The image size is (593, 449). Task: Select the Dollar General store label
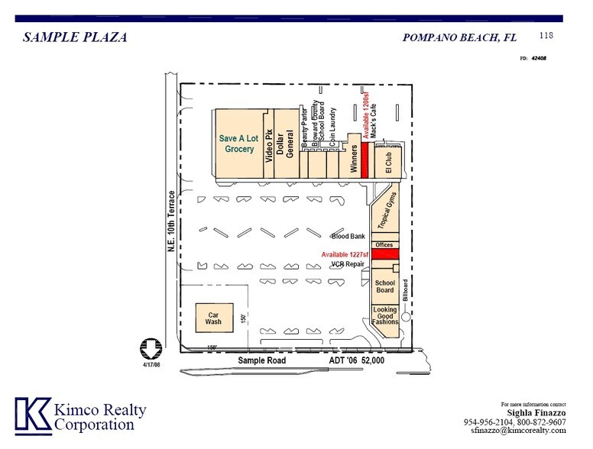click(285, 144)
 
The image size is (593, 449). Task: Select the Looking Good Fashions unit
click(385, 316)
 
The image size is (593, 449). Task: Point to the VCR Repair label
click(347, 264)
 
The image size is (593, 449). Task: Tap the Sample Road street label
click(261, 360)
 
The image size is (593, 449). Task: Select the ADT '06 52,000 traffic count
click(357, 360)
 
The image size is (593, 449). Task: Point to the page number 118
click(546, 35)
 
